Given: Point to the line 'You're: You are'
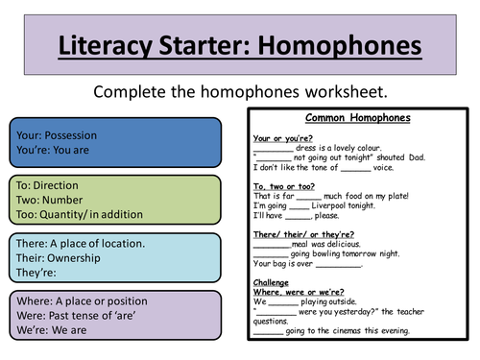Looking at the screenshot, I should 57,151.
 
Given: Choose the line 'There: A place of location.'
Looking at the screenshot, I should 81,243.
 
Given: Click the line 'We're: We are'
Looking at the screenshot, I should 52,330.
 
